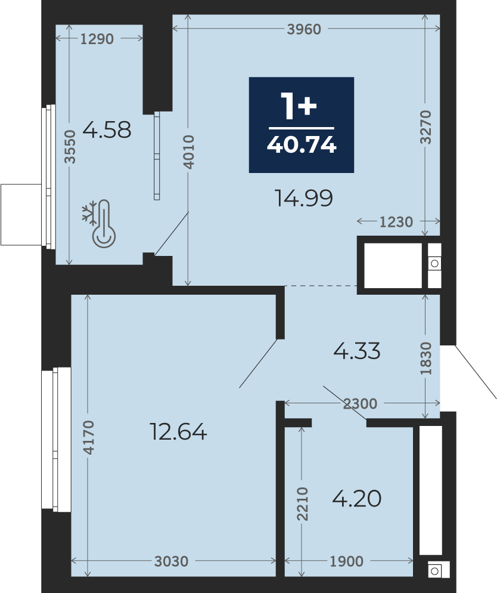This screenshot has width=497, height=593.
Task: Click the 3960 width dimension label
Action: pos(304,29)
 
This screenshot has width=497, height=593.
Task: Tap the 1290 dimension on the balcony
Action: pos(97,39)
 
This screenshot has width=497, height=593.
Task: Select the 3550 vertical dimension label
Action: pos(70,146)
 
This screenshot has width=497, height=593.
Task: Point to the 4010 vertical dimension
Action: pos(188,152)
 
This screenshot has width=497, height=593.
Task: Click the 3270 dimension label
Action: pos(425,127)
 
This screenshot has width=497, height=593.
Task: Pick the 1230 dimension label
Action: pos(396,222)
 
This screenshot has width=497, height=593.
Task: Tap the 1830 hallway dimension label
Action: pos(425,359)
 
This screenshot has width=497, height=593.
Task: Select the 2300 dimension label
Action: pos(360,404)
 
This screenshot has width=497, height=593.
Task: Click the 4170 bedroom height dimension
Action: pos(89,437)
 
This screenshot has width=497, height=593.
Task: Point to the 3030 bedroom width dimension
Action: pos(171,561)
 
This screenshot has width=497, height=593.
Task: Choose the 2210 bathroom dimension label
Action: pos(303,504)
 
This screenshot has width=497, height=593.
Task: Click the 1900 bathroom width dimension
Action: pos(347,561)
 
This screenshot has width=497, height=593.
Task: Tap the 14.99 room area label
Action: pos(304,198)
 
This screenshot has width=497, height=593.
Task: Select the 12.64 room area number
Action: pos(178,431)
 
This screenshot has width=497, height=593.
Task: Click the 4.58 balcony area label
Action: pos(107,129)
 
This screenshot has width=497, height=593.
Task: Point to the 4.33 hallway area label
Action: pos(357,351)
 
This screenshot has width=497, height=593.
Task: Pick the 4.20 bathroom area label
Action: pos(357,499)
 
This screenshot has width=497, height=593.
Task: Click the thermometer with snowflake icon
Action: pos(100,224)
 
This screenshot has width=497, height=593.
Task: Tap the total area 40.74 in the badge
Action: pos(302,144)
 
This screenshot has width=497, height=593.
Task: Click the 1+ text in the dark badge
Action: pos(299,106)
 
